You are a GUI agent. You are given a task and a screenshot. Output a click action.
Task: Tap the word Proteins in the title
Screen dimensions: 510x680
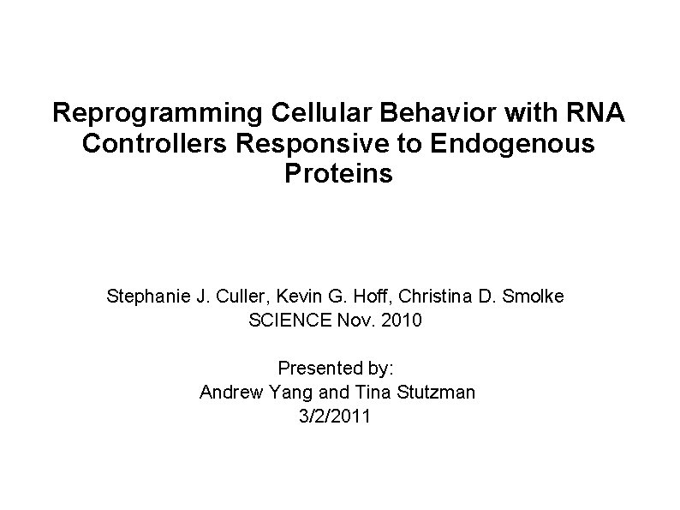[339, 175]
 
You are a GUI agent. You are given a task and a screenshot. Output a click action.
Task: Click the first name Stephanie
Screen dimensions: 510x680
[144, 297]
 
